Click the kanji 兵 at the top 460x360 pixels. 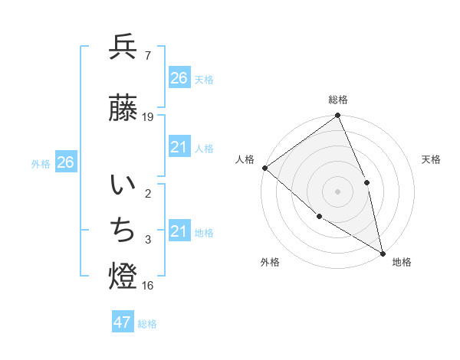point(123,47)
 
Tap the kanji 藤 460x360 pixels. point(123,108)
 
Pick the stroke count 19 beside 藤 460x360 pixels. point(148,117)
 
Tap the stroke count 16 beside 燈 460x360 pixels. point(148,286)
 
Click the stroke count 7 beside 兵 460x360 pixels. point(147,56)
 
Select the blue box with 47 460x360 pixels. point(123,322)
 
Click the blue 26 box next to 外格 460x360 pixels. point(65,162)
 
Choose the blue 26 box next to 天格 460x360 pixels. point(179,78)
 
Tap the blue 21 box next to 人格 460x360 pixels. point(179,147)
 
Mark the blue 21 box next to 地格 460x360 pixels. point(179,231)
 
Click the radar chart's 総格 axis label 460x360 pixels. point(338,100)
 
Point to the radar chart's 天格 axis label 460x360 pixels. point(432,159)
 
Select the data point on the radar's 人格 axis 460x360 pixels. point(264,168)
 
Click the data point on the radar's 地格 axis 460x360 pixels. point(383,253)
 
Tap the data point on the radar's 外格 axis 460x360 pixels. point(320,216)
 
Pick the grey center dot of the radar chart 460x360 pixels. point(337,191)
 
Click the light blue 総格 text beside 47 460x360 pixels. point(147,324)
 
